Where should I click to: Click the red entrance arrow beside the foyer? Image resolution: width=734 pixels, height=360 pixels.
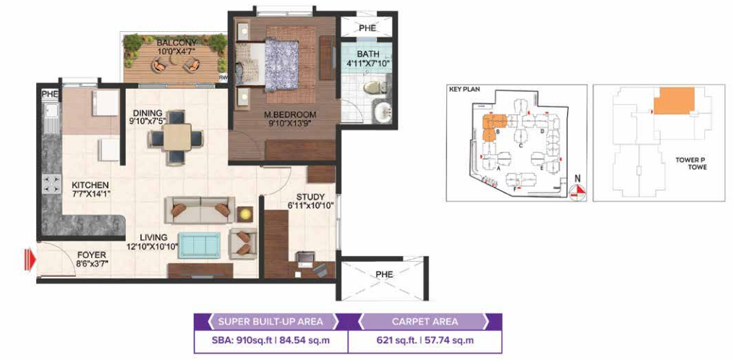pos(30,260)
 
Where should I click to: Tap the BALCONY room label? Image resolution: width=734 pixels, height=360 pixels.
pos(171,43)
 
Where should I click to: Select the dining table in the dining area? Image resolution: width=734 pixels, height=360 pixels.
pos(176,138)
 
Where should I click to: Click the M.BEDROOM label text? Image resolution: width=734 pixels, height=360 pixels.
pos(289,113)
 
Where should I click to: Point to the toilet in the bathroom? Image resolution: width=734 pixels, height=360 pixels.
pos(375,87)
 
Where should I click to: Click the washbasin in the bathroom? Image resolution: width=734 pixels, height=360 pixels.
pos(384,112)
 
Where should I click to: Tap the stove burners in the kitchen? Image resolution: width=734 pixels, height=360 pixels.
pos(51,184)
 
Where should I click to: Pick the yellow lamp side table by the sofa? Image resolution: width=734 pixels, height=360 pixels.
pos(245,215)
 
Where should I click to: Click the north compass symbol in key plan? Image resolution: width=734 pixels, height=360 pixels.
pos(579,188)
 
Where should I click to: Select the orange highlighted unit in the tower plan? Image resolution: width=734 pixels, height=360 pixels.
pos(673,100)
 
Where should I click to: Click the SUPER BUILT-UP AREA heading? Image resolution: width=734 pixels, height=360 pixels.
pos(270,322)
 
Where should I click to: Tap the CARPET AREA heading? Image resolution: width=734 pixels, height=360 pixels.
pos(425,322)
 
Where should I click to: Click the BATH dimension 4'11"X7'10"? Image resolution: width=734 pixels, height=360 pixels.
pos(367,63)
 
